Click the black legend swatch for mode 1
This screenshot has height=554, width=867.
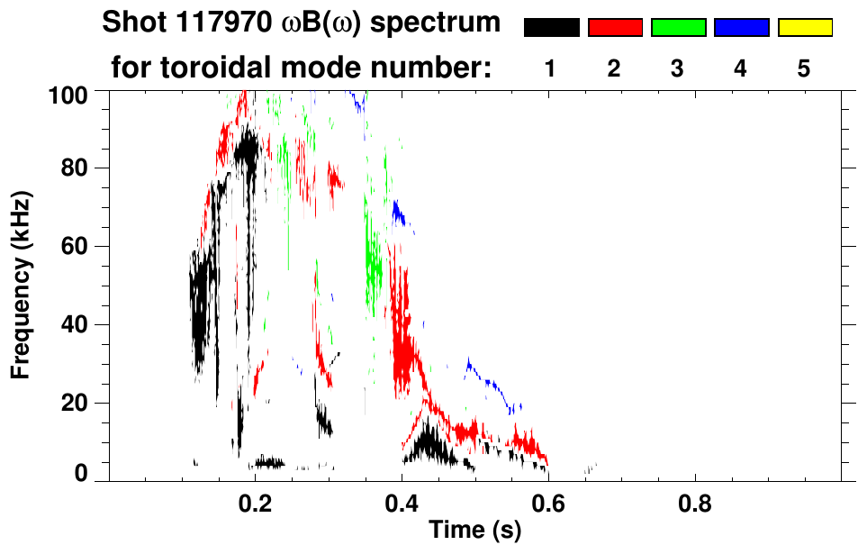point(551,28)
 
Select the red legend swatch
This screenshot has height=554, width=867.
point(615,28)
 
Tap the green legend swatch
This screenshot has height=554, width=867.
point(678,28)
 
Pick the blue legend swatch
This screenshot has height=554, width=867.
point(741,28)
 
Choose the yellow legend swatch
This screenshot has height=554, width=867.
point(805,28)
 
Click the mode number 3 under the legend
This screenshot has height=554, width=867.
point(678,69)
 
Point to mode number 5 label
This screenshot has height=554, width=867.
point(805,69)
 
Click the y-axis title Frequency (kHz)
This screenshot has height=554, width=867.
point(22,285)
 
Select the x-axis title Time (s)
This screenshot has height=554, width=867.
point(474,531)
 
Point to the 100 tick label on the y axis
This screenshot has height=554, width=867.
point(69,93)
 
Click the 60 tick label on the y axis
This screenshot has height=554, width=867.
point(76,246)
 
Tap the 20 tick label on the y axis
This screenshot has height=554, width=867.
point(76,403)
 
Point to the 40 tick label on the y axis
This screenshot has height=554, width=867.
point(76,324)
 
